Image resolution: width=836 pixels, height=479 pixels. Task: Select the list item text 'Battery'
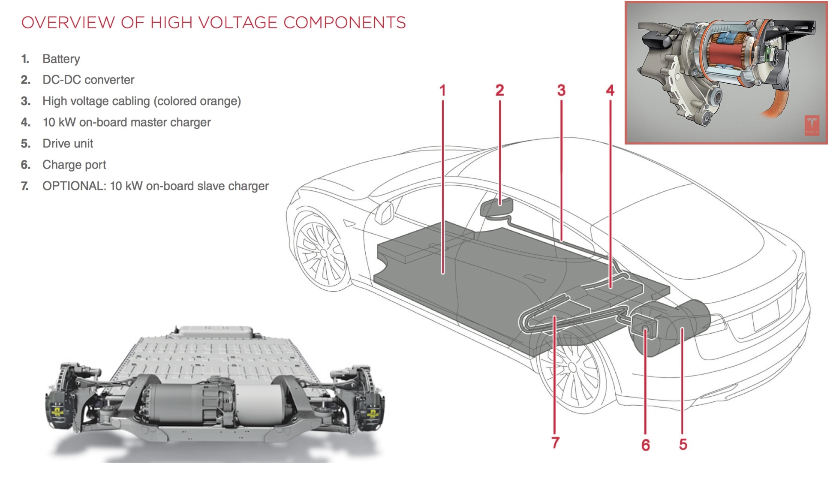pyautogui.click(x=61, y=59)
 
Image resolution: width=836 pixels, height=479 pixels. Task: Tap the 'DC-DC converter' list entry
pyautogui.click(x=88, y=80)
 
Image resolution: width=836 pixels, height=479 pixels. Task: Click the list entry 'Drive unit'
pyautogui.click(x=67, y=144)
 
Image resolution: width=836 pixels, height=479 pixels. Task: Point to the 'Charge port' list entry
pyautogui.click(x=74, y=165)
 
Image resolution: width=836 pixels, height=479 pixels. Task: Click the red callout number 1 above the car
pyautogui.click(x=442, y=90)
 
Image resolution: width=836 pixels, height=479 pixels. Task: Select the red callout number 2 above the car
pyautogui.click(x=499, y=90)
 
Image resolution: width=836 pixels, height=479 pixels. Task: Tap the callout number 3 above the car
pyautogui.click(x=561, y=90)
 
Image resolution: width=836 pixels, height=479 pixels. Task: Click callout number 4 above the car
pyautogui.click(x=610, y=90)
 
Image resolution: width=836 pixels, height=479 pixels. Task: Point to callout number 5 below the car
pyautogui.click(x=683, y=444)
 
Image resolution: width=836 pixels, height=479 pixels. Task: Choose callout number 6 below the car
pyautogui.click(x=646, y=445)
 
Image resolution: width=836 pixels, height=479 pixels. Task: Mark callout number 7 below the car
pyautogui.click(x=555, y=443)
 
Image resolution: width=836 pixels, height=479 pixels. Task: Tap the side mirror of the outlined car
pyautogui.click(x=385, y=213)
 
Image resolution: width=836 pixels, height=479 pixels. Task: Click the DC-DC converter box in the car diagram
pyautogui.click(x=496, y=208)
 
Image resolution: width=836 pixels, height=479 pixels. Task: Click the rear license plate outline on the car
pyautogui.click(x=766, y=315)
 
